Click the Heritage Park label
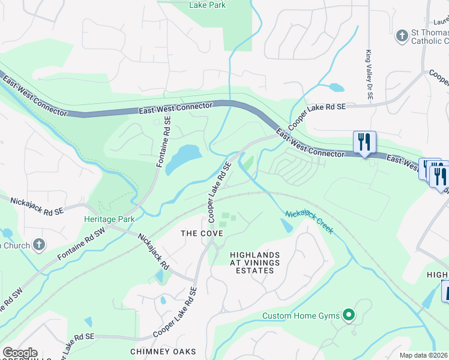(x=109, y=220)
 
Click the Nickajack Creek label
(x=309, y=222)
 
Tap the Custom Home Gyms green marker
(x=348, y=316)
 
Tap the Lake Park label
(x=206, y=5)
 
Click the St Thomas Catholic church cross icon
(x=402, y=37)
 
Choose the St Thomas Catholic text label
(x=429, y=37)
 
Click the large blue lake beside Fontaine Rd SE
(x=183, y=157)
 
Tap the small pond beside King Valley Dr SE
(x=336, y=88)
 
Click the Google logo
(x=19, y=353)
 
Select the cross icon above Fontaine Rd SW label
(x=39, y=245)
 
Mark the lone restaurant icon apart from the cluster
(x=364, y=142)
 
